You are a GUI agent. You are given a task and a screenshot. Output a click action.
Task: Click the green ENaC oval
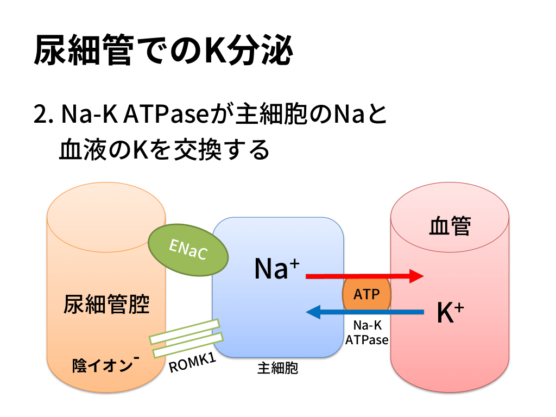coord(187,250)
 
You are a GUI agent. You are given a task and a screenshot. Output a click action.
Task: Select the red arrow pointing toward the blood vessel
coord(364,276)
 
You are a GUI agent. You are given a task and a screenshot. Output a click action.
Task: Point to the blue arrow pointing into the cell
coord(364,312)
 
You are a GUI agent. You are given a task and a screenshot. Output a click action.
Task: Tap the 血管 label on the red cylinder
coord(450,226)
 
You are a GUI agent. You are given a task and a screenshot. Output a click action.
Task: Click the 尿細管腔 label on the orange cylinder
coord(106,305)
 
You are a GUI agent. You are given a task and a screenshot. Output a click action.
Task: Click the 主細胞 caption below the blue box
coord(277,369)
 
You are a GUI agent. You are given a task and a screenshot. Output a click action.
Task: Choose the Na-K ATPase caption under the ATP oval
coord(367,332)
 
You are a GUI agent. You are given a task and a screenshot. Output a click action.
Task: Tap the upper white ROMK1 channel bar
coord(184,332)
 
